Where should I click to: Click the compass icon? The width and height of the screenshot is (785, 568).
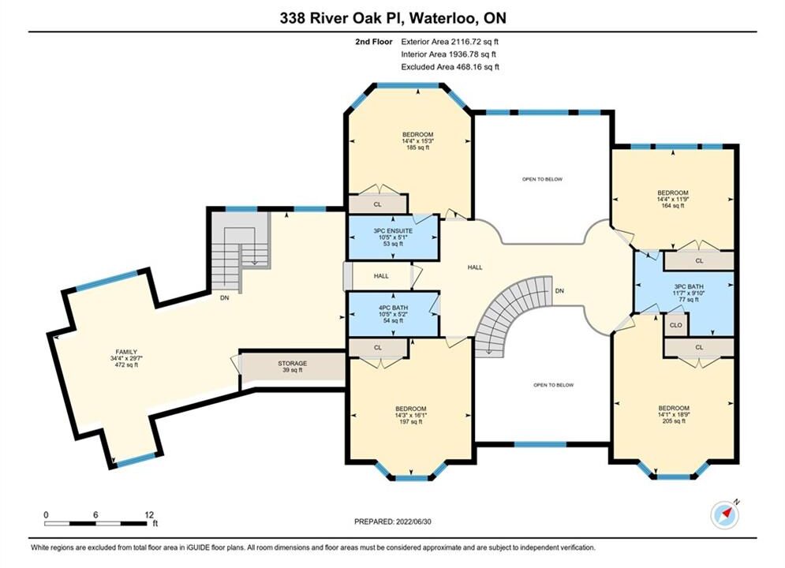(725, 514)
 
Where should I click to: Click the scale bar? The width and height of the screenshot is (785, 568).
(95, 524)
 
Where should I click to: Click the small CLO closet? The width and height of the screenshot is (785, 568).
(676, 325)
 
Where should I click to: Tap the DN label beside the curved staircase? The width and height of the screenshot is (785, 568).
(559, 291)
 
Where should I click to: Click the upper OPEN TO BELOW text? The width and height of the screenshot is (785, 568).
(542, 179)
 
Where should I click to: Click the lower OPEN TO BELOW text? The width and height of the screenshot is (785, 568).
(554, 385)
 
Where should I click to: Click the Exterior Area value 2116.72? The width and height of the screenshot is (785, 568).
(468, 42)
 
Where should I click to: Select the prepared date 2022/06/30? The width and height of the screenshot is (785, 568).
(413, 521)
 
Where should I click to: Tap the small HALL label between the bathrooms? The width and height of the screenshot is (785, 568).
(381, 276)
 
